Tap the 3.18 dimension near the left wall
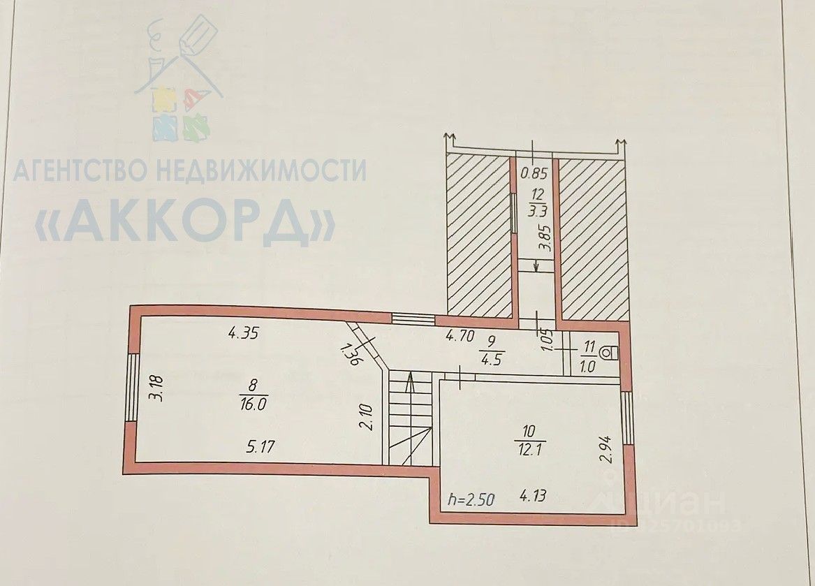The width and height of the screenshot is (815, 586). [x=159, y=388]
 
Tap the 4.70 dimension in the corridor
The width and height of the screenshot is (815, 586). [x=461, y=336]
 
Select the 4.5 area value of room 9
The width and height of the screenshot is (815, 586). [x=492, y=362]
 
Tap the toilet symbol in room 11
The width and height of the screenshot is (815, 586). [x=612, y=353]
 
